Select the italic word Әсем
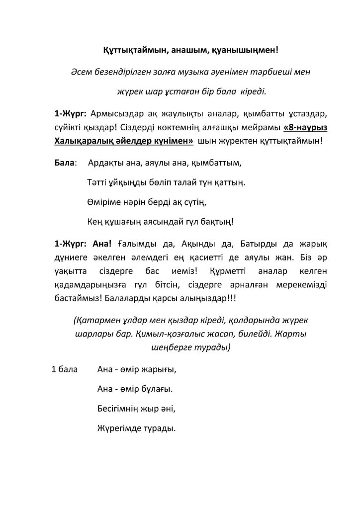(x=82, y=72)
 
